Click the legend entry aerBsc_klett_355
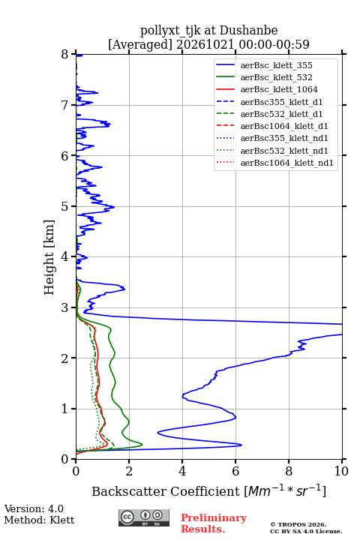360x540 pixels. (276, 65)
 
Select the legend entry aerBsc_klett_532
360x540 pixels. (276, 77)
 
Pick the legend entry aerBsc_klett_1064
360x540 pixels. (279, 89)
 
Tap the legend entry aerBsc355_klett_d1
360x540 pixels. (281, 102)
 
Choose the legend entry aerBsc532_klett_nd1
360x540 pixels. (284, 151)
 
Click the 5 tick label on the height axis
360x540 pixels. (65, 206)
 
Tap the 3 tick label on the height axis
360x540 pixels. (65, 307)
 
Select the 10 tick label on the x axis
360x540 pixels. (341, 471)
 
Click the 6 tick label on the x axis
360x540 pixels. (235, 471)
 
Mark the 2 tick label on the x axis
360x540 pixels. (129, 471)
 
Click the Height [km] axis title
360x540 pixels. (49, 257)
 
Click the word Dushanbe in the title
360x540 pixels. (249, 31)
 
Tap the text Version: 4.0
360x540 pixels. (34, 508)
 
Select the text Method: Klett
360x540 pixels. (39, 520)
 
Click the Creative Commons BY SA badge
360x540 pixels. (144, 517)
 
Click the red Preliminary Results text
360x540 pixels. (214, 523)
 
